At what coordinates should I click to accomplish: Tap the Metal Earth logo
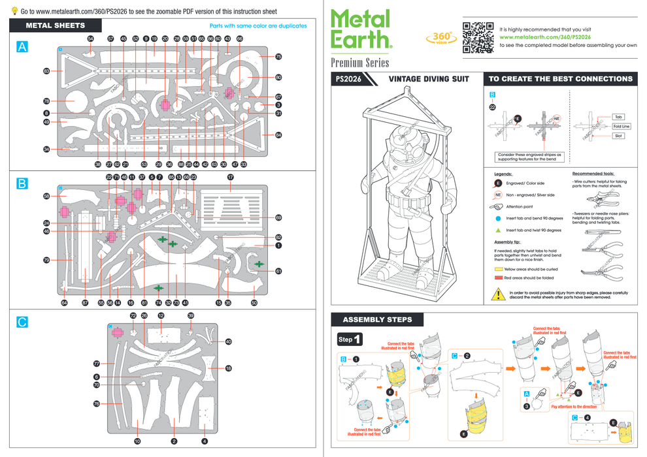[361, 30]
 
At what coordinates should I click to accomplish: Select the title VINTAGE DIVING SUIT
[429, 79]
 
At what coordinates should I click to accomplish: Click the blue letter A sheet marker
[22, 47]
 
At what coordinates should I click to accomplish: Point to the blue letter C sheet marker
[22, 322]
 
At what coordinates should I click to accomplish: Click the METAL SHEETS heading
[55, 25]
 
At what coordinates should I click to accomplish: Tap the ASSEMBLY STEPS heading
[378, 320]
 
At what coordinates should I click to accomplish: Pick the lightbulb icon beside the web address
[14, 11]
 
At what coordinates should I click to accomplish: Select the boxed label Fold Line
[621, 126]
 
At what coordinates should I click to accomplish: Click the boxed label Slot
[618, 136]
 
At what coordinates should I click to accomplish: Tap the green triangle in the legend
[498, 230]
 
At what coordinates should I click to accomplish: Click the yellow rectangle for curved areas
[499, 268]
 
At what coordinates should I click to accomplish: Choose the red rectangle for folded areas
[499, 277]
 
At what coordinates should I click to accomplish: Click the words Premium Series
[359, 63]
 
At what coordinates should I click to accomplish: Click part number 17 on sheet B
[231, 177]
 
